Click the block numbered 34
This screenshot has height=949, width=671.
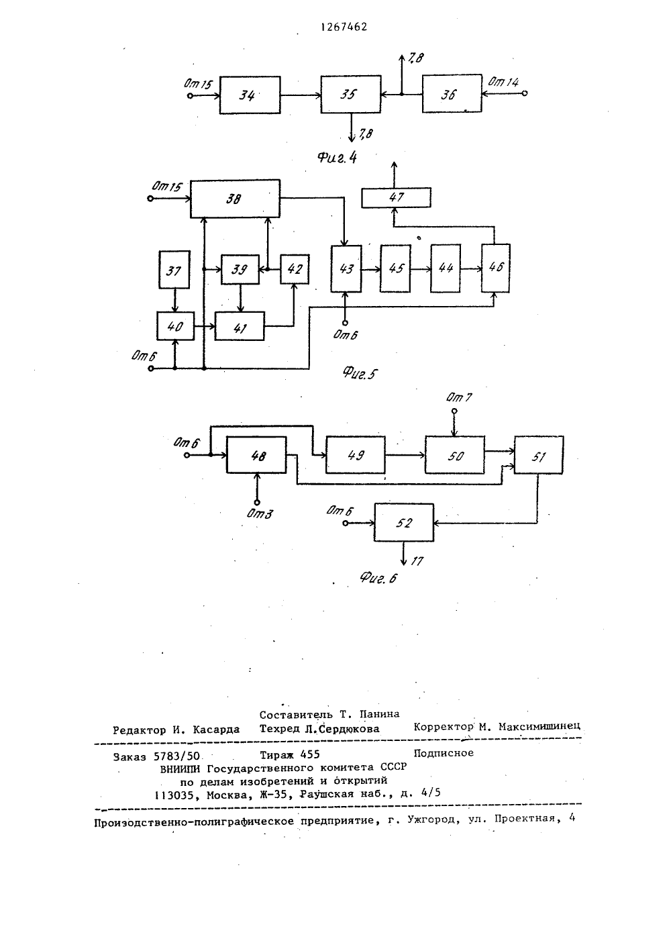(x=250, y=95)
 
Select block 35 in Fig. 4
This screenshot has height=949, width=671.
(x=351, y=94)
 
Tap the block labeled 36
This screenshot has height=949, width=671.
(x=452, y=94)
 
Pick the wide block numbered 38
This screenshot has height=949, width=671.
(x=235, y=199)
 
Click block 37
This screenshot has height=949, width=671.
(x=174, y=270)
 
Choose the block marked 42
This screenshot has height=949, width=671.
(x=295, y=269)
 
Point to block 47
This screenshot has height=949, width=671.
(x=396, y=197)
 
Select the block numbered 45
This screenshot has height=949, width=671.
(x=395, y=268)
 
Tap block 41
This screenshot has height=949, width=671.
(x=240, y=326)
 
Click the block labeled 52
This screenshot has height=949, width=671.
(x=404, y=522)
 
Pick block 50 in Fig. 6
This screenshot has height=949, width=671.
(x=455, y=455)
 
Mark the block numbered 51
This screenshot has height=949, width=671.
(x=539, y=455)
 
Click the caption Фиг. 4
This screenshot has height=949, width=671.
(x=338, y=158)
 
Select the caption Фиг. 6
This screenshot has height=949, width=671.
(x=378, y=577)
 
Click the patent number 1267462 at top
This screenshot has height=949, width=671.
(x=344, y=27)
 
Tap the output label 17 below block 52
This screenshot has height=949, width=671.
(x=417, y=561)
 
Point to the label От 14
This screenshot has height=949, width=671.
(x=503, y=82)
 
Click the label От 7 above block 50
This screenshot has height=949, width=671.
(x=459, y=397)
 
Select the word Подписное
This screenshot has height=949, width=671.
(x=444, y=753)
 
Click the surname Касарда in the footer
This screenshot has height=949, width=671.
(x=216, y=730)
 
